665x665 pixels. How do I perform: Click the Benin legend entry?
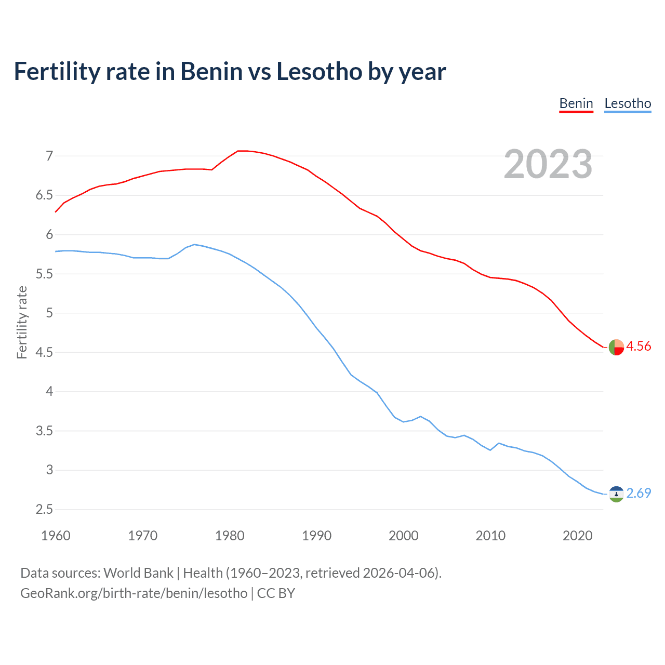tap(576, 103)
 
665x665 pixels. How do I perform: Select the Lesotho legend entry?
tap(628, 103)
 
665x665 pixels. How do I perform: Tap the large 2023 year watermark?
tap(548, 164)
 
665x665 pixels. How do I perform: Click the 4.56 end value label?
tap(639, 346)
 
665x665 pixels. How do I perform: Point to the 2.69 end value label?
tap(639, 493)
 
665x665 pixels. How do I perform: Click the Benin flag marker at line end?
tap(616, 347)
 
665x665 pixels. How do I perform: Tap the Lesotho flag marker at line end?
tap(616, 494)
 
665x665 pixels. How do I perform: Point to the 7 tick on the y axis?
tap(49, 156)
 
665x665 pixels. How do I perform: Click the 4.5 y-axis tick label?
tap(44, 352)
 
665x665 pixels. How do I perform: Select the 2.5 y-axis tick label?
tap(44, 509)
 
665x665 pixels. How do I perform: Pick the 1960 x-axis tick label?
tap(56, 536)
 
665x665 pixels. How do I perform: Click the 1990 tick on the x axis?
tap(316, 536)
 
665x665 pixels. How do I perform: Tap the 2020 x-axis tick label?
tap(577, 536)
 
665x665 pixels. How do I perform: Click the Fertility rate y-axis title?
tap(22, 322)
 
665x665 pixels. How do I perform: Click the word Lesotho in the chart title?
tap(319, 71)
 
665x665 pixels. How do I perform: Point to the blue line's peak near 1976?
tap(194, 244)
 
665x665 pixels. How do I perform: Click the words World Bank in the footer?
tap(138, 573)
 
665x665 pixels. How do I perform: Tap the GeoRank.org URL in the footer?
tap(134, 593)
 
